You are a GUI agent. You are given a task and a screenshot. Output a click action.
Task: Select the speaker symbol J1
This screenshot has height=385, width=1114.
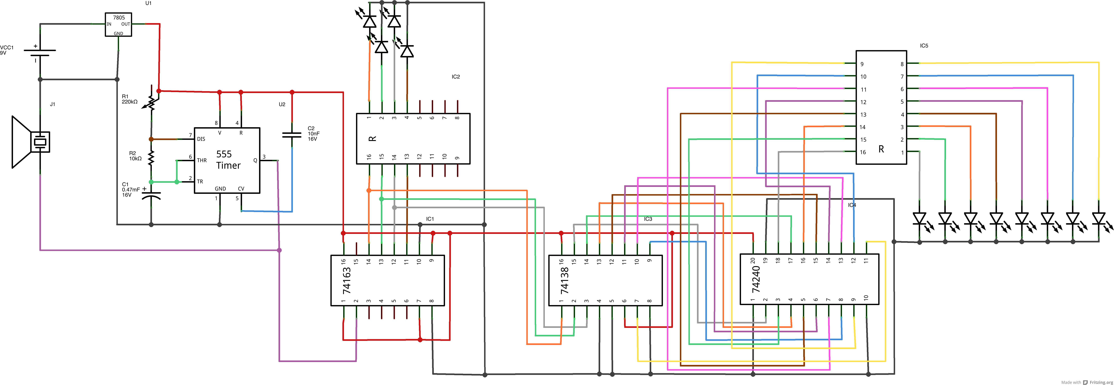coord(30,142)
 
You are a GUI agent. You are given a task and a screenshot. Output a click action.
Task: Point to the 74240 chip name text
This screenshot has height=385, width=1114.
coord(756,279)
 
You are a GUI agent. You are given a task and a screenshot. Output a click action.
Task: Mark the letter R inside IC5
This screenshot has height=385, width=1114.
coord(881,149)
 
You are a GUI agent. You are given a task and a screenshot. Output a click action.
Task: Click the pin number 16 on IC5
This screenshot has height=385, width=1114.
coord(863,152)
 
